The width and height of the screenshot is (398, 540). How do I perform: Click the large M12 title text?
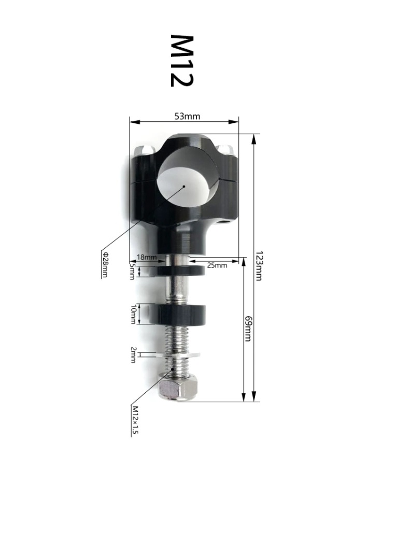pyautogui.click(x=181, y=61)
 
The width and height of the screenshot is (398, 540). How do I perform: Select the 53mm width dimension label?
pyautogui.click(x=187, y=116)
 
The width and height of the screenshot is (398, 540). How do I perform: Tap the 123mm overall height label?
pyautogui.click(x=260, y=266)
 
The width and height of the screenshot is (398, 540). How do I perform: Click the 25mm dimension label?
pyautogui.click(x=217, y=265)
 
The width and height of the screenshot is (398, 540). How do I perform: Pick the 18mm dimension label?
pyautogui.click(x=146, y=257)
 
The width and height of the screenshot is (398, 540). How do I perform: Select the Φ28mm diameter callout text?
pyautogui.click(x=105, y=265)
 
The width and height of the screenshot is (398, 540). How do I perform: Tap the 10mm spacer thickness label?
pyautogui.click(x=133, y=314)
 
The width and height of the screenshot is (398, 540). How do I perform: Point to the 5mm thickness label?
pyautogui.click(x=132, y=271)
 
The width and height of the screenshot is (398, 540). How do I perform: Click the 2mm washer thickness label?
pyautogui.click(x=133, y=356)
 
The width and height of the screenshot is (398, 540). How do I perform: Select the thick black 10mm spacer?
pyautogui.click(x=179, y=314)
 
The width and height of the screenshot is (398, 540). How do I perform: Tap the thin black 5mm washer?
pyautogui.click(x=179, y=270)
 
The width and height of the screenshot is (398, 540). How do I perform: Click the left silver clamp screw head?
pyautogui.click(x=143, y=150)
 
